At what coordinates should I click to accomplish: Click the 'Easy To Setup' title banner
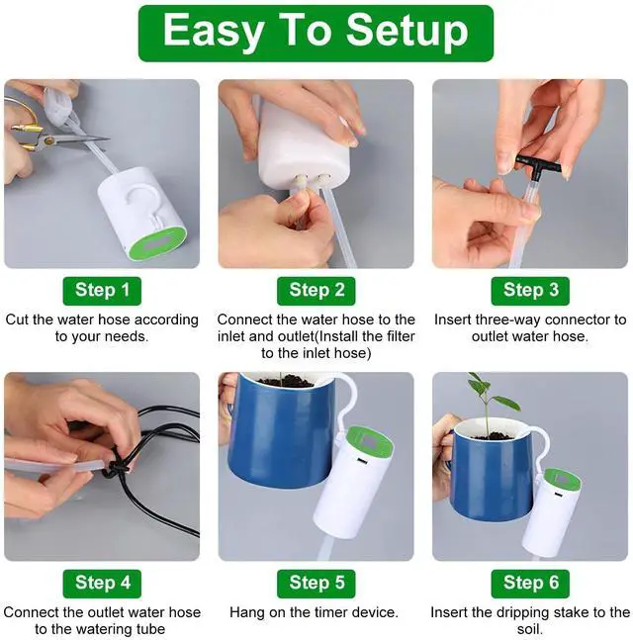tap(316, 33)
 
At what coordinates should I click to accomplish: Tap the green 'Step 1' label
tap(102, 291)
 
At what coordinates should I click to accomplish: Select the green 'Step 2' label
tap(316, 291)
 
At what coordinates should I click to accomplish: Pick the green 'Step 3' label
tap(530, 291)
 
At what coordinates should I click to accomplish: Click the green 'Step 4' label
tap(102, 584)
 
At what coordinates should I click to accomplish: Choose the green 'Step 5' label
tap(316, 584)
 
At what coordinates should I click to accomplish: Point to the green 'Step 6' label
tap(530, 584)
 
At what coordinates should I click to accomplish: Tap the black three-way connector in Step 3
tap(538, 164)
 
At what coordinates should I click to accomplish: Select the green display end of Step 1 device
tap(156, 242)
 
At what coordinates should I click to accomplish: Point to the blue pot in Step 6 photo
tap(493, 470)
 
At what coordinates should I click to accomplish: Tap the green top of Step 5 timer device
tap(370, 443)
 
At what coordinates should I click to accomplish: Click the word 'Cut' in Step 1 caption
tap(18, 320)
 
